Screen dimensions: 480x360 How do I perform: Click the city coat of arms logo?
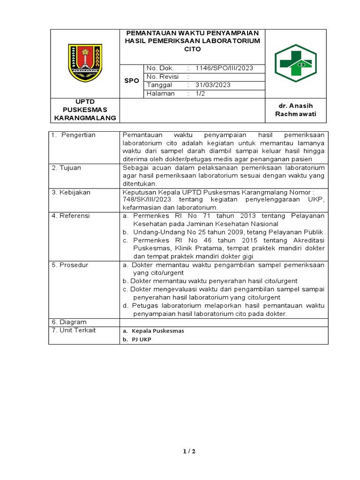point(85,63)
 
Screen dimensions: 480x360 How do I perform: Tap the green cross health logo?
point(296,63)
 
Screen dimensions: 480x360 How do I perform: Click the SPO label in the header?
point(131,81)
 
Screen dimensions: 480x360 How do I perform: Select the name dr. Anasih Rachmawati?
point(296,110)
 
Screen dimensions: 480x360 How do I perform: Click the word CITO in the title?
point(192,49)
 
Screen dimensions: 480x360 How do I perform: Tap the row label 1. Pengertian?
point(74,135)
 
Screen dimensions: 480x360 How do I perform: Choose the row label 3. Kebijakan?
point(71,192)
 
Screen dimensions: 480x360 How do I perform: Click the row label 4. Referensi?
point(71,216)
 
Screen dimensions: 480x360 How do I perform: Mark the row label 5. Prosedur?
point(70,265)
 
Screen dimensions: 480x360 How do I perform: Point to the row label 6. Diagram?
point(69,322)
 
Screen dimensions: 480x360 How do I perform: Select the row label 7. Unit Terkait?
point(74,330)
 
